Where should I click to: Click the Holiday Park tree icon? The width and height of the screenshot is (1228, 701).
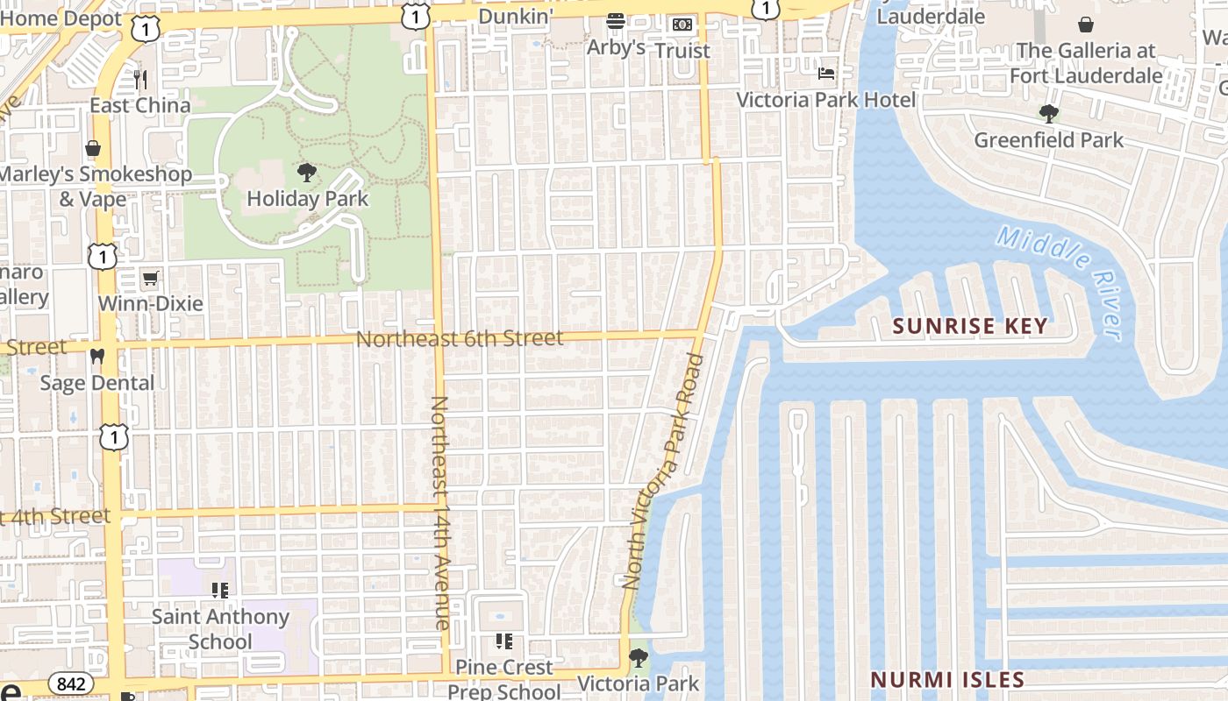point(306,171)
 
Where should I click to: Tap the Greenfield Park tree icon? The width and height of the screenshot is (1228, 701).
point(1048,113)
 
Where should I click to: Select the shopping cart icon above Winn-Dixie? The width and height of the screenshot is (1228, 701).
point(150,279)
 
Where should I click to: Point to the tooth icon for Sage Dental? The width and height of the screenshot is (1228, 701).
point(97,357)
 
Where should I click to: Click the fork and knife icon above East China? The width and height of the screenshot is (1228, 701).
point(140,80)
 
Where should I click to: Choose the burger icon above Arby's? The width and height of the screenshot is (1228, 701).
point(616,21)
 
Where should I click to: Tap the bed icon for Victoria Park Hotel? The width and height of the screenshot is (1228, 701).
point(826,73)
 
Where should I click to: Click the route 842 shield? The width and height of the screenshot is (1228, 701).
point(69,683)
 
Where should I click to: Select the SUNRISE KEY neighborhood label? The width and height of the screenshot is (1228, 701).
point(969,326)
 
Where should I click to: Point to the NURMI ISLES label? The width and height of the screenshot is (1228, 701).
point(946,679)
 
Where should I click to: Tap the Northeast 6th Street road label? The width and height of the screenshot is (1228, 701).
point(460,338)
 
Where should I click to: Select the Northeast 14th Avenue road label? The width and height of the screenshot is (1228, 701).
point(440,513)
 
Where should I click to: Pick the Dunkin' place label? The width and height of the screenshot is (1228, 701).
point(516,16)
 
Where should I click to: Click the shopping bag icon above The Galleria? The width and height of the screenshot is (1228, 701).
point(1086,24)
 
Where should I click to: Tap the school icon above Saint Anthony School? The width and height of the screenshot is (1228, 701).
point(220,591)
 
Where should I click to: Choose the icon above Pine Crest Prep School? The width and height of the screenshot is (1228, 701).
point(503,641)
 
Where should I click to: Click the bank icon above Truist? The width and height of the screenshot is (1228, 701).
point(682,25)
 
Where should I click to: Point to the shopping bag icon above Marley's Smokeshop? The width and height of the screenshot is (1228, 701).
point(93,148)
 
